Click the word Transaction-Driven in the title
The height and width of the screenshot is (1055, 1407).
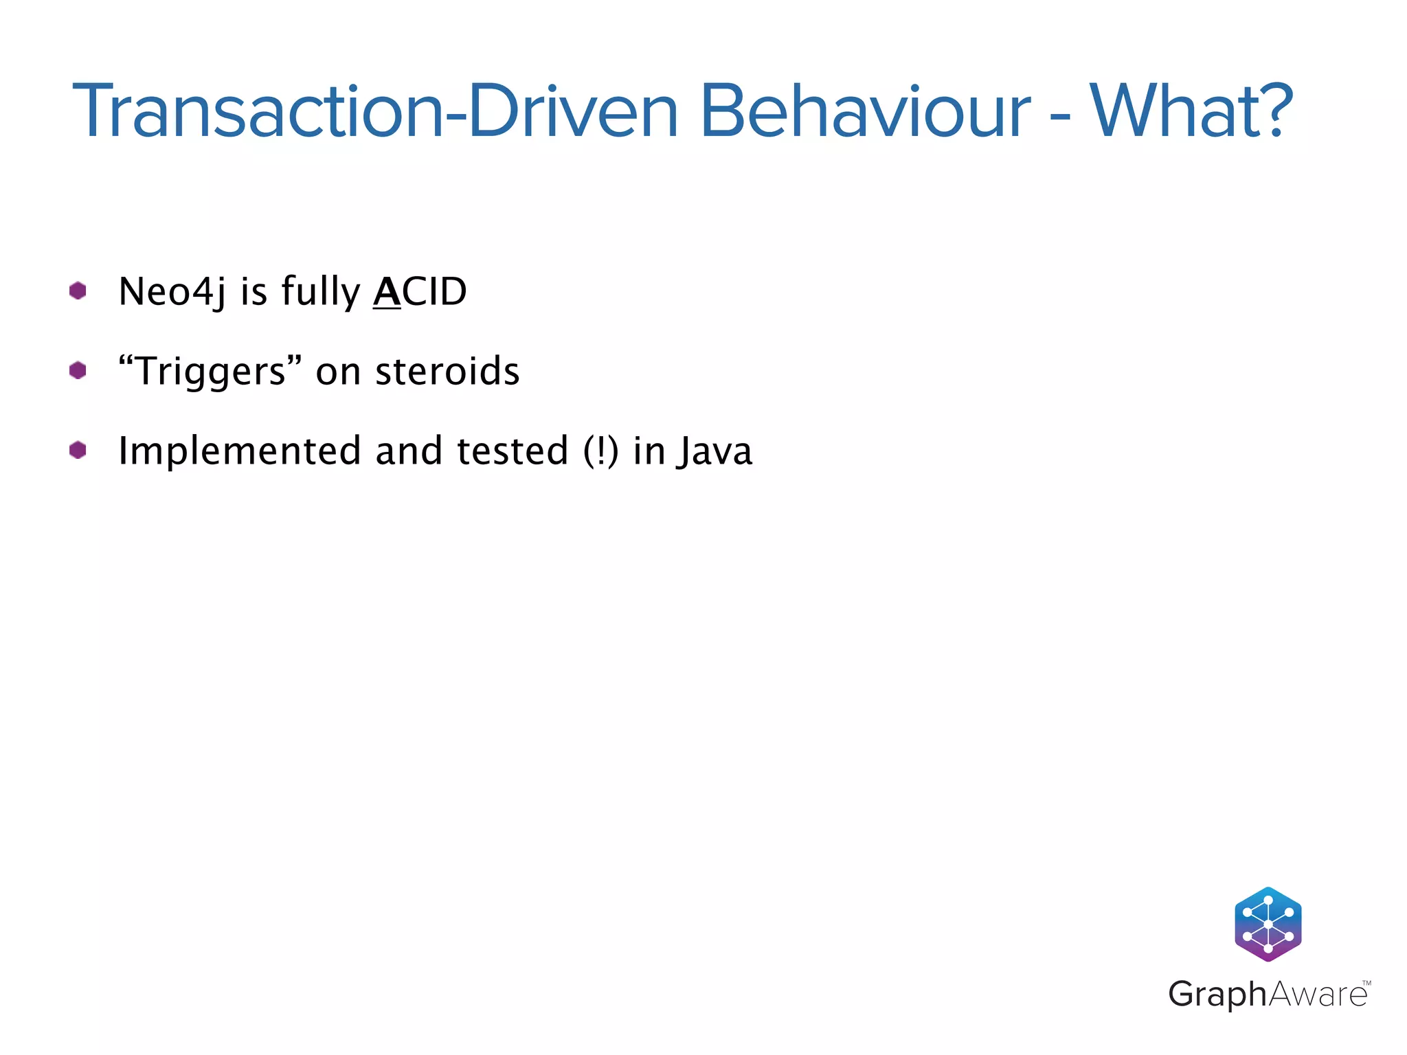point(374,112)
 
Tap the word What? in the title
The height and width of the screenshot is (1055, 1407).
point(1191,112)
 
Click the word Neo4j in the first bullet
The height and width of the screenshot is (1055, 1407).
point(172,292)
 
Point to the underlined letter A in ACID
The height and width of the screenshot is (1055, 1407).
point(387,292)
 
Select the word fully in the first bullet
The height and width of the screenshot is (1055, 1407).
point(320,292)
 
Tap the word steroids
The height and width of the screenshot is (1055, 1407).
point(447,372)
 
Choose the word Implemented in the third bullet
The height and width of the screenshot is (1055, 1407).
point(239,451)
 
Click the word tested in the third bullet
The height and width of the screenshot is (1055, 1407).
point(513,451)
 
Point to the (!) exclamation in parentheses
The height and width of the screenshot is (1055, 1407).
point(601,451)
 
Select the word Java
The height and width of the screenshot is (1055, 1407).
point(714,451)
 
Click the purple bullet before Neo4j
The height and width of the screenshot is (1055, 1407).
point(78,291)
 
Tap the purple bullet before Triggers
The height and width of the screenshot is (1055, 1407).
point(78,370)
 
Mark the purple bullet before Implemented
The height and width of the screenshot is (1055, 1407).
point(78,450)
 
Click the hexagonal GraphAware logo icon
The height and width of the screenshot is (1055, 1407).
point(1268,924)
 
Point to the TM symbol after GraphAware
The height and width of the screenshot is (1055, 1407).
point(1366,983)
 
